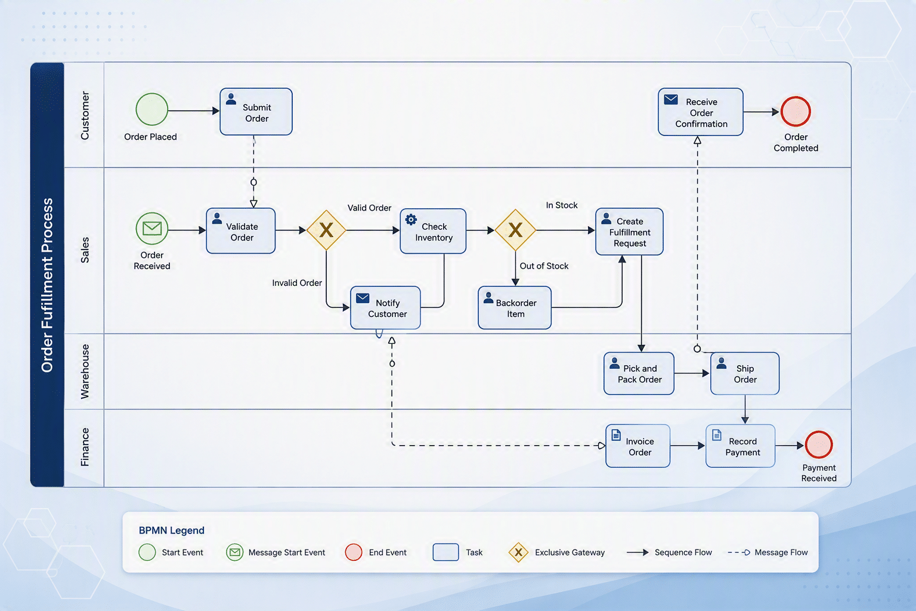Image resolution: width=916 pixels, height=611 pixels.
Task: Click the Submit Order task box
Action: pos(256,112)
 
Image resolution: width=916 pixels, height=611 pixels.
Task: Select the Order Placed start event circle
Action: pos(151,109)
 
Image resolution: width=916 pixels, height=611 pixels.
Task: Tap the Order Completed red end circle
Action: pos(796,112)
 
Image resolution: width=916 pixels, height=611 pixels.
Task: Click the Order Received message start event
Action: pos(151,229)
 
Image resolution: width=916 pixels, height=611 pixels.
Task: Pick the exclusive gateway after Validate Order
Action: pos(326,230)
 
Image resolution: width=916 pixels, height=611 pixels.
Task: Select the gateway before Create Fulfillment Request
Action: pos(515,230)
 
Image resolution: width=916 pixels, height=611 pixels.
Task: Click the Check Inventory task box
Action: pos(433,232)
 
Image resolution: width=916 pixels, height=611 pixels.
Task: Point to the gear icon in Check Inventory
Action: pos(411,220)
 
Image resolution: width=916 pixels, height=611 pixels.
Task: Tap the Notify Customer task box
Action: pos(385,308)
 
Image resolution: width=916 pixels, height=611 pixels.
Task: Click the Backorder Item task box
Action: pos(515,308)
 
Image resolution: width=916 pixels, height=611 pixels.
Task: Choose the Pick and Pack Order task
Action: pos(639,374)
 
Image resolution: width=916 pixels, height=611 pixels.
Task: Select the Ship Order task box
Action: pos(745,374)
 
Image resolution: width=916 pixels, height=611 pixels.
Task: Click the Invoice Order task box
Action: pos(638,446)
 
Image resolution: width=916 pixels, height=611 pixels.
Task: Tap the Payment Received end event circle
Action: pos(819,445)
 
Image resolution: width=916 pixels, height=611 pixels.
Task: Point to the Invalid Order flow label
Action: pos(297,283)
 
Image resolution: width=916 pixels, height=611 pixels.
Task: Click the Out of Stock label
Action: pos(544,266)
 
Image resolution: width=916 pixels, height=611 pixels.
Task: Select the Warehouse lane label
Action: pos(85,372)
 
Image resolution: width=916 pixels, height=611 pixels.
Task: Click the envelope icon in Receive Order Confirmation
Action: pos(671,100)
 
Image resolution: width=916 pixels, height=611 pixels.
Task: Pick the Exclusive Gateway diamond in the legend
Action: pos(518,552)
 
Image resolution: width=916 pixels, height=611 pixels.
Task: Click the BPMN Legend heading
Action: pos(171,530)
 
